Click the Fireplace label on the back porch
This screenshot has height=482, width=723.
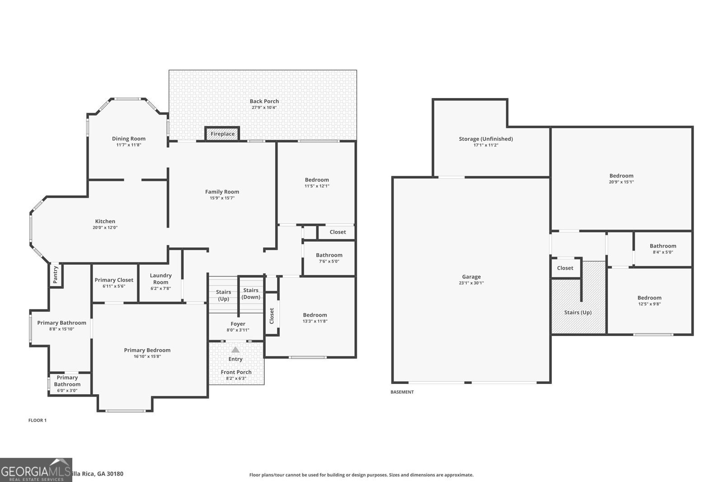point(222,134)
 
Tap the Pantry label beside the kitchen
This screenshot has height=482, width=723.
point(56,274)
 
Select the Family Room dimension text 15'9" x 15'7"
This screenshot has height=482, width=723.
point(222,198)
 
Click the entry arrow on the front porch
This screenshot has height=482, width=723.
point(235,350)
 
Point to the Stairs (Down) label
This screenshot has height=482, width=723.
point(251,294)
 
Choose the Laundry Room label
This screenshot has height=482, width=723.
point(160,278)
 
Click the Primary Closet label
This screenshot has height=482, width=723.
point(114,280)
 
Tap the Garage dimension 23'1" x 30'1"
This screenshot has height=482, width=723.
point(471,283)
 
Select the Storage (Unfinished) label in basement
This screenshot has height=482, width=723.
point(486,139)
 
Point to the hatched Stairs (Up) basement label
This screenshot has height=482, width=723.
point(577,313)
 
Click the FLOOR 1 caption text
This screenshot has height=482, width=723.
point(38,420)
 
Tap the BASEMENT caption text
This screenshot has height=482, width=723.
point(402,392)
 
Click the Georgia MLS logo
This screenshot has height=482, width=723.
point(36,470)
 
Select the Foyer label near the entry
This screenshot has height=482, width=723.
point(238,324)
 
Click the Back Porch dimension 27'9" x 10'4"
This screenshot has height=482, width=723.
point(264,108)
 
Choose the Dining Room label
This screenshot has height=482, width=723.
point(129,139)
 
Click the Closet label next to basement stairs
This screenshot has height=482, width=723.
point(565,268)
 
